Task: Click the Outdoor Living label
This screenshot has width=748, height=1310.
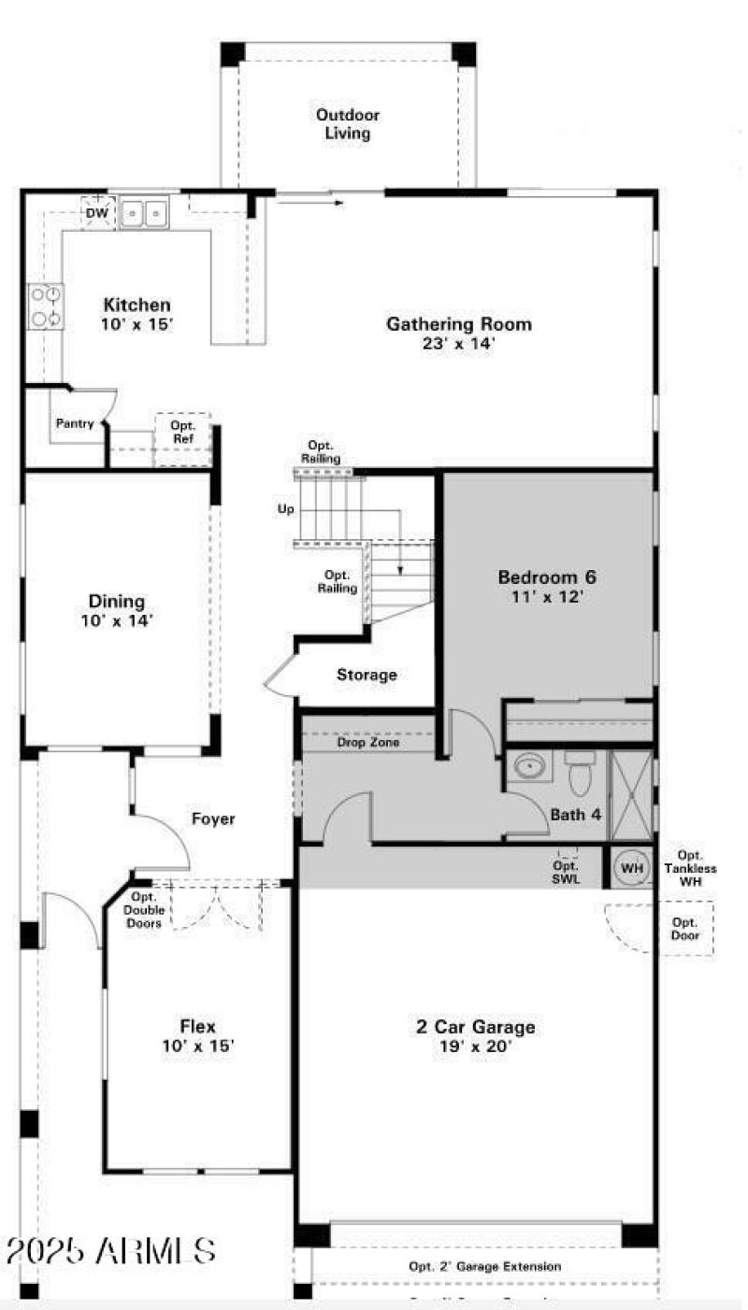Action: tap(347, 124)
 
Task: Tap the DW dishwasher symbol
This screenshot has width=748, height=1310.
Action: tap(97, 212)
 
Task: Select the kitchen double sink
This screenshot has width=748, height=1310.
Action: tap(143, 214)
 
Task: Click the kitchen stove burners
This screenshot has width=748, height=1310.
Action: tap(46, 306)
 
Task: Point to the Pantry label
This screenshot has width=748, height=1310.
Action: tap(74, 423)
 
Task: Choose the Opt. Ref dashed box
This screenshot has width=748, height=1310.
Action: tap(181, 438)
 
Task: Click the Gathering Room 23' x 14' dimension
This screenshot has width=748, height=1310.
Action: tap(459, 343)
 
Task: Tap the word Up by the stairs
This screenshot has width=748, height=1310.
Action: tap(286, 510)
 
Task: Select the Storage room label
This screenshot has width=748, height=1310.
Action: tap(367, 675)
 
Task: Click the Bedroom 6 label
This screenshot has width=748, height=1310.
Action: tap(547, 577)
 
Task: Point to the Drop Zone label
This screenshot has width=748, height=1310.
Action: tap(368, 743)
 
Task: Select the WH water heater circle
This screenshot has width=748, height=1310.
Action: tap(633, 868)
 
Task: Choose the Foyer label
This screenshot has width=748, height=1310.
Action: tap(213, 819)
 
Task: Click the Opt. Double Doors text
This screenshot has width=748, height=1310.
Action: tap(144, 909)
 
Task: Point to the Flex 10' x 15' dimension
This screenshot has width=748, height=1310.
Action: tap(197, 1046)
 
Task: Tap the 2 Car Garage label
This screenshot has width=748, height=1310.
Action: tap(476, 1028)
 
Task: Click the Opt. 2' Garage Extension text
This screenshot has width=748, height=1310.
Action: tap(485, 1266)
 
